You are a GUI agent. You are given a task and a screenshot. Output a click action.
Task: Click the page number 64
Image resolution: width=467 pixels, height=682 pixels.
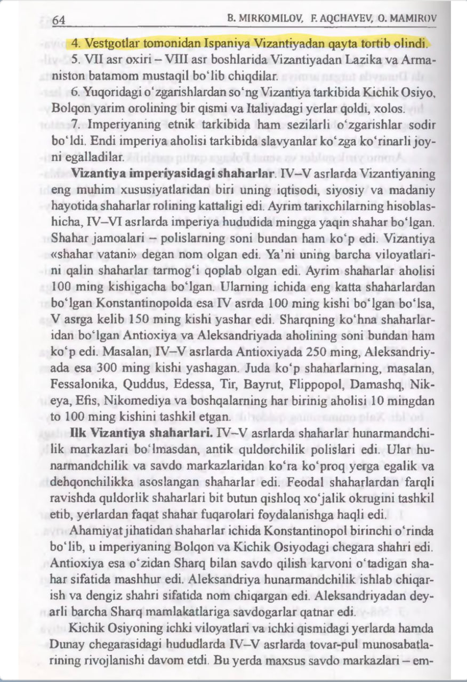pyautogui.click(x=59, y=20)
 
